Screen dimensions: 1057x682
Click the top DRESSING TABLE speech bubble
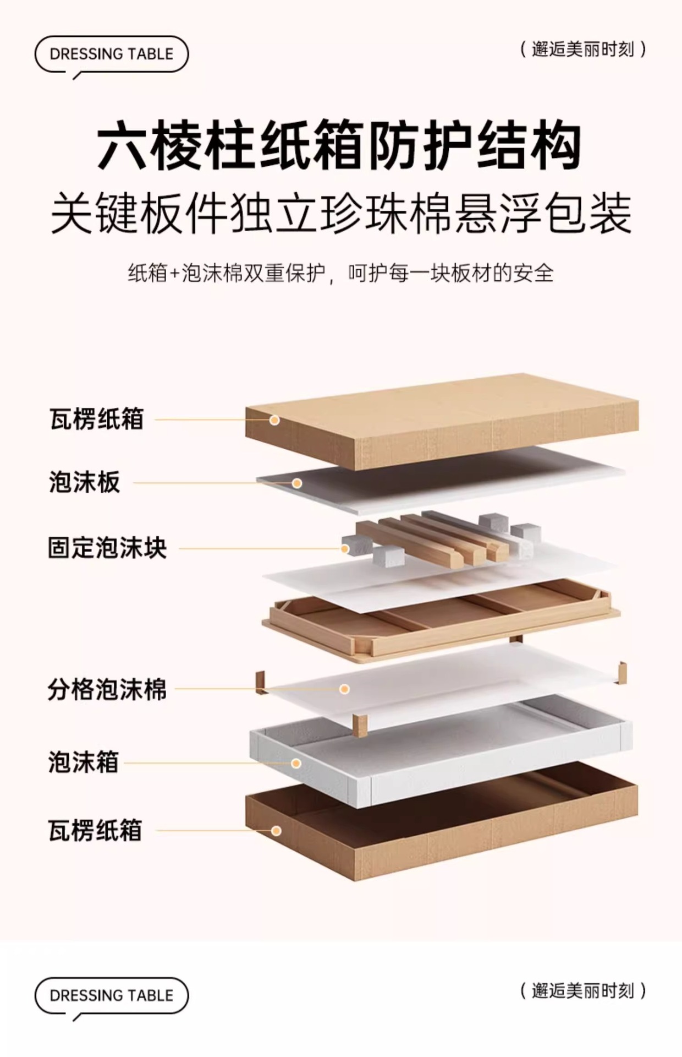[x=112, y=54]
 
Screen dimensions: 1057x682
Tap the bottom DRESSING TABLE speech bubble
[x=112, y=995]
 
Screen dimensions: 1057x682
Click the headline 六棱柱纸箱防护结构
[x=340, y=147]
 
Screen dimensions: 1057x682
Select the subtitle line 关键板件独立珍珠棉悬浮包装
[x=341, y=214]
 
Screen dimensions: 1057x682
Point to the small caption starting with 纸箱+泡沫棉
[x=340, y=273]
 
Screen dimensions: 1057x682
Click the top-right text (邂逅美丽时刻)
[x=583, y=50]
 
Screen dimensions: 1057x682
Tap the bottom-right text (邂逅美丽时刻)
[x=583, y=991]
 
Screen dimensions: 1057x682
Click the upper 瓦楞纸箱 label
[x=97, y=419]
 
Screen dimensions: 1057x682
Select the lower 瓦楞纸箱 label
[x=96, y=831]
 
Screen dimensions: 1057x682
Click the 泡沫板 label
[x=85, y=483]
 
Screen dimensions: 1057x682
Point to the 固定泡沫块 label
[x=107, y=548]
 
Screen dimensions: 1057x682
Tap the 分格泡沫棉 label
[x=107, y=689]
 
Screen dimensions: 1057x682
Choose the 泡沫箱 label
[x=84, y=763]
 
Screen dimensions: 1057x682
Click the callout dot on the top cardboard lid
[x=274, y=421]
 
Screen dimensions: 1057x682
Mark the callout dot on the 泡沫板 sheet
[x=297, y=483]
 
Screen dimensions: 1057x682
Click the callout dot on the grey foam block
[x=345, y=549]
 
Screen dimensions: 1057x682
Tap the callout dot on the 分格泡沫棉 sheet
[x=345, y=689]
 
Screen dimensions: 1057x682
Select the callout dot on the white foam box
[x=296, y=764]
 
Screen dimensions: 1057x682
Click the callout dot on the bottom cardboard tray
[x=277, y=831]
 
